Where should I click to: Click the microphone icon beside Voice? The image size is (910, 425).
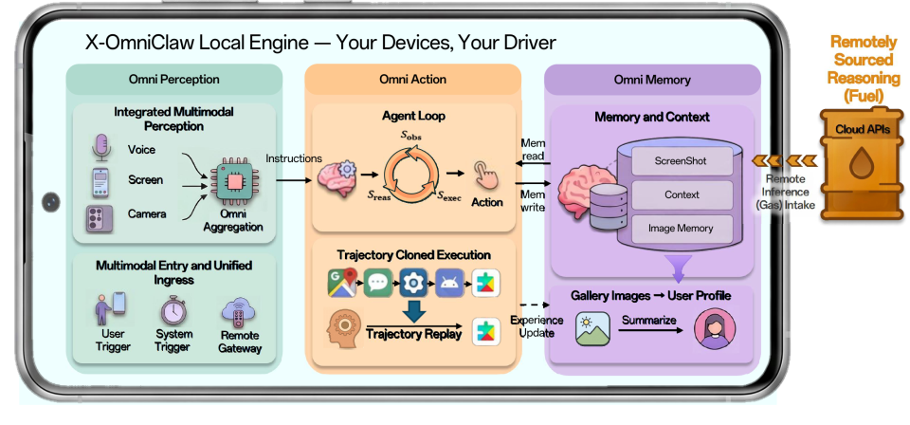coord(101,148)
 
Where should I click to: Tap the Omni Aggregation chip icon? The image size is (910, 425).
coord(234,182)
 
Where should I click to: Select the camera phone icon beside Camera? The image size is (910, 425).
coord(100,219)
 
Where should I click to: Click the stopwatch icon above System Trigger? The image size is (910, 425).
coord(173,311)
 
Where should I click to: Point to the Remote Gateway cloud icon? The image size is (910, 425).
coord(239,312)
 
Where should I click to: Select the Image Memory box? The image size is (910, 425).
coord(682,229)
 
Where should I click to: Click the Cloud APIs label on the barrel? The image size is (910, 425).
coord(862,129)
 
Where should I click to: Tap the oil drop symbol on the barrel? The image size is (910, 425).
coord(862,163)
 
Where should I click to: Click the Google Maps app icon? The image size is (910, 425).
coord(343,284)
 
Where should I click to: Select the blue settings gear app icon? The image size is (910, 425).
coord(413,284)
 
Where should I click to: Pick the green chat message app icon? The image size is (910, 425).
coord(378,284)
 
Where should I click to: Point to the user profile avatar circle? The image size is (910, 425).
coord(715,328)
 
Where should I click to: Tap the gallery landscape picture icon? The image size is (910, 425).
coord(592,328)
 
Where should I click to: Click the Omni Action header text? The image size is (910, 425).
coord(412,80)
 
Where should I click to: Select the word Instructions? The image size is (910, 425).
coord(294,157)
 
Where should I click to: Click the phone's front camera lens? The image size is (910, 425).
coord(51,202)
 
